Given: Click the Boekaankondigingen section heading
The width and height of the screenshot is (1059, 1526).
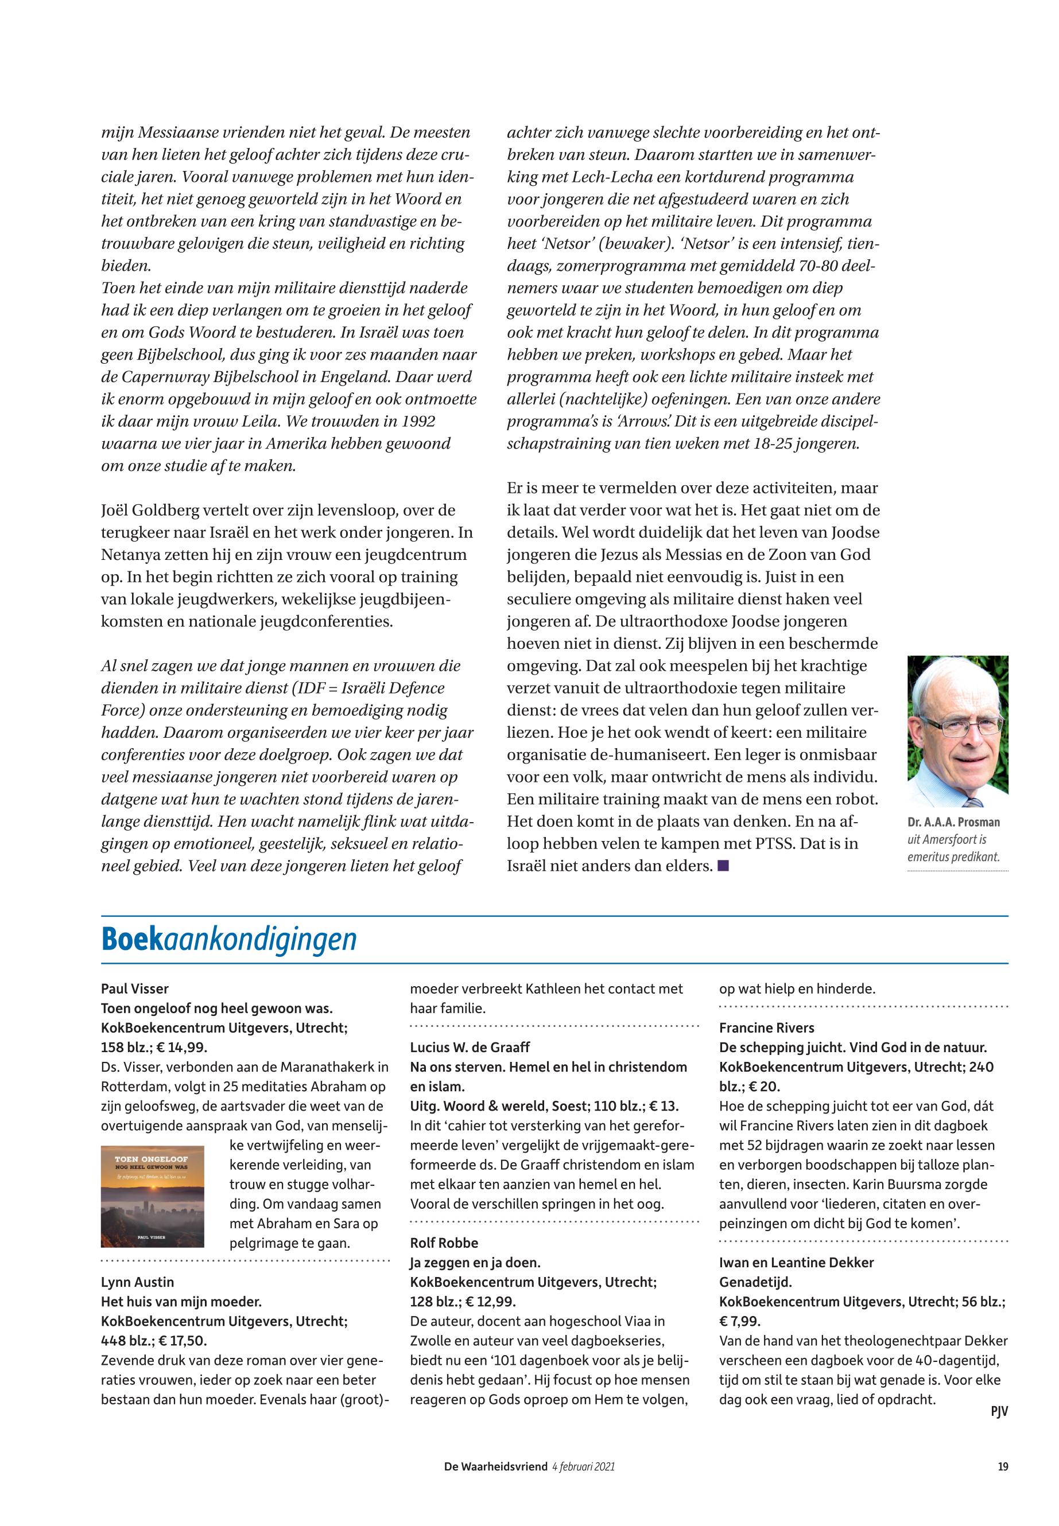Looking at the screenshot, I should pyautogui.click(x=229, y=940).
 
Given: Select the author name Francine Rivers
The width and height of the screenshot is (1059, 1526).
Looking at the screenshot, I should pyautogui.click(x=766, y=1028).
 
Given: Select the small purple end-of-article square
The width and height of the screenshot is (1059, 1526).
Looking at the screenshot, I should pyautogui.click(x=723, y=866).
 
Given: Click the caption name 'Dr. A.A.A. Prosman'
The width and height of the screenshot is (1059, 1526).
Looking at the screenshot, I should pyautogui.click(x=953, y=822).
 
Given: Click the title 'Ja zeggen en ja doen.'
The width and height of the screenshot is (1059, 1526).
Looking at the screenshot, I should pyautogui.click(x=471, y=1263).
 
